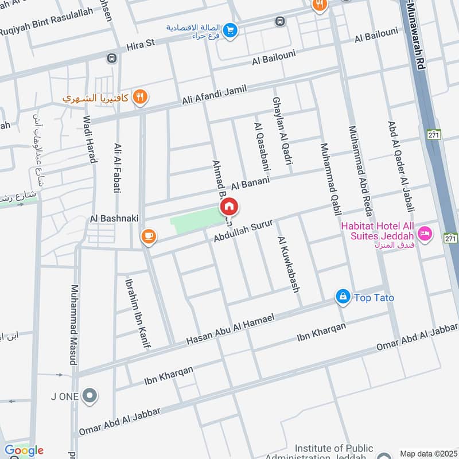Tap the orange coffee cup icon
pyautogui.click(x=148, y=236)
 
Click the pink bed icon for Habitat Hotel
pyautogui.click(x=425, y=233)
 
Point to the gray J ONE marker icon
pyautogui.click(x=90, y=395)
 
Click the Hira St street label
pyautogui.click(x=141, y=43)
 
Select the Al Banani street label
pyautogui.click(x=250, y=185)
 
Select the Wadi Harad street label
pyautogui.click(x=88, y=139)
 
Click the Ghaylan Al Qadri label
pyautogui.click(x=281, y=129)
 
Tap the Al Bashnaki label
pyautogui.click(x=112, y=219)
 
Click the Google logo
pyautogui.click(x=24, y=450)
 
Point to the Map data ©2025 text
pyautogui.click(x=427, y=453)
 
